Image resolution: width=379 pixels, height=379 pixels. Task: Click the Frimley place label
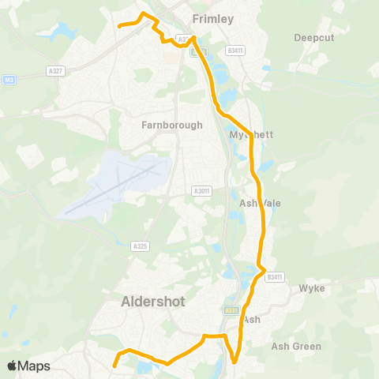(x=213, y=19)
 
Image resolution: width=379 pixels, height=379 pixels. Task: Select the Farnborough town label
(x=172, y=125)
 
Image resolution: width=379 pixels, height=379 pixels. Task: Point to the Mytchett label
(x=251, y=135)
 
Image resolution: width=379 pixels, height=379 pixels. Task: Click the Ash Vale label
(x=260, y=203)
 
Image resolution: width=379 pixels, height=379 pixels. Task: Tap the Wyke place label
(x=311, y=288)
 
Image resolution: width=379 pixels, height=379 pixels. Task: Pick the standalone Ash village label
(x=252, y=319)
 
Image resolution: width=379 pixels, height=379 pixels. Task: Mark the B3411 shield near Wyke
(x=274, y=276)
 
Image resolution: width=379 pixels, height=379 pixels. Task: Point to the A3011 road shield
(x=201, y=190)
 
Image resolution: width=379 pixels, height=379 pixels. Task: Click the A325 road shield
(x=140, y=246)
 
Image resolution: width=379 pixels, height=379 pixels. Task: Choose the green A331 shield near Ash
(x=231, y=310)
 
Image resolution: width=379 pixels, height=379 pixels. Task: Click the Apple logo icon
(x=12, y=366)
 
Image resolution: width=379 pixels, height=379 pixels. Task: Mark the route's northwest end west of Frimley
(x=119, y=26)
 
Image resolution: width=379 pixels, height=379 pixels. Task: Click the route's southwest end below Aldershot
(x=114, y=366)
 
